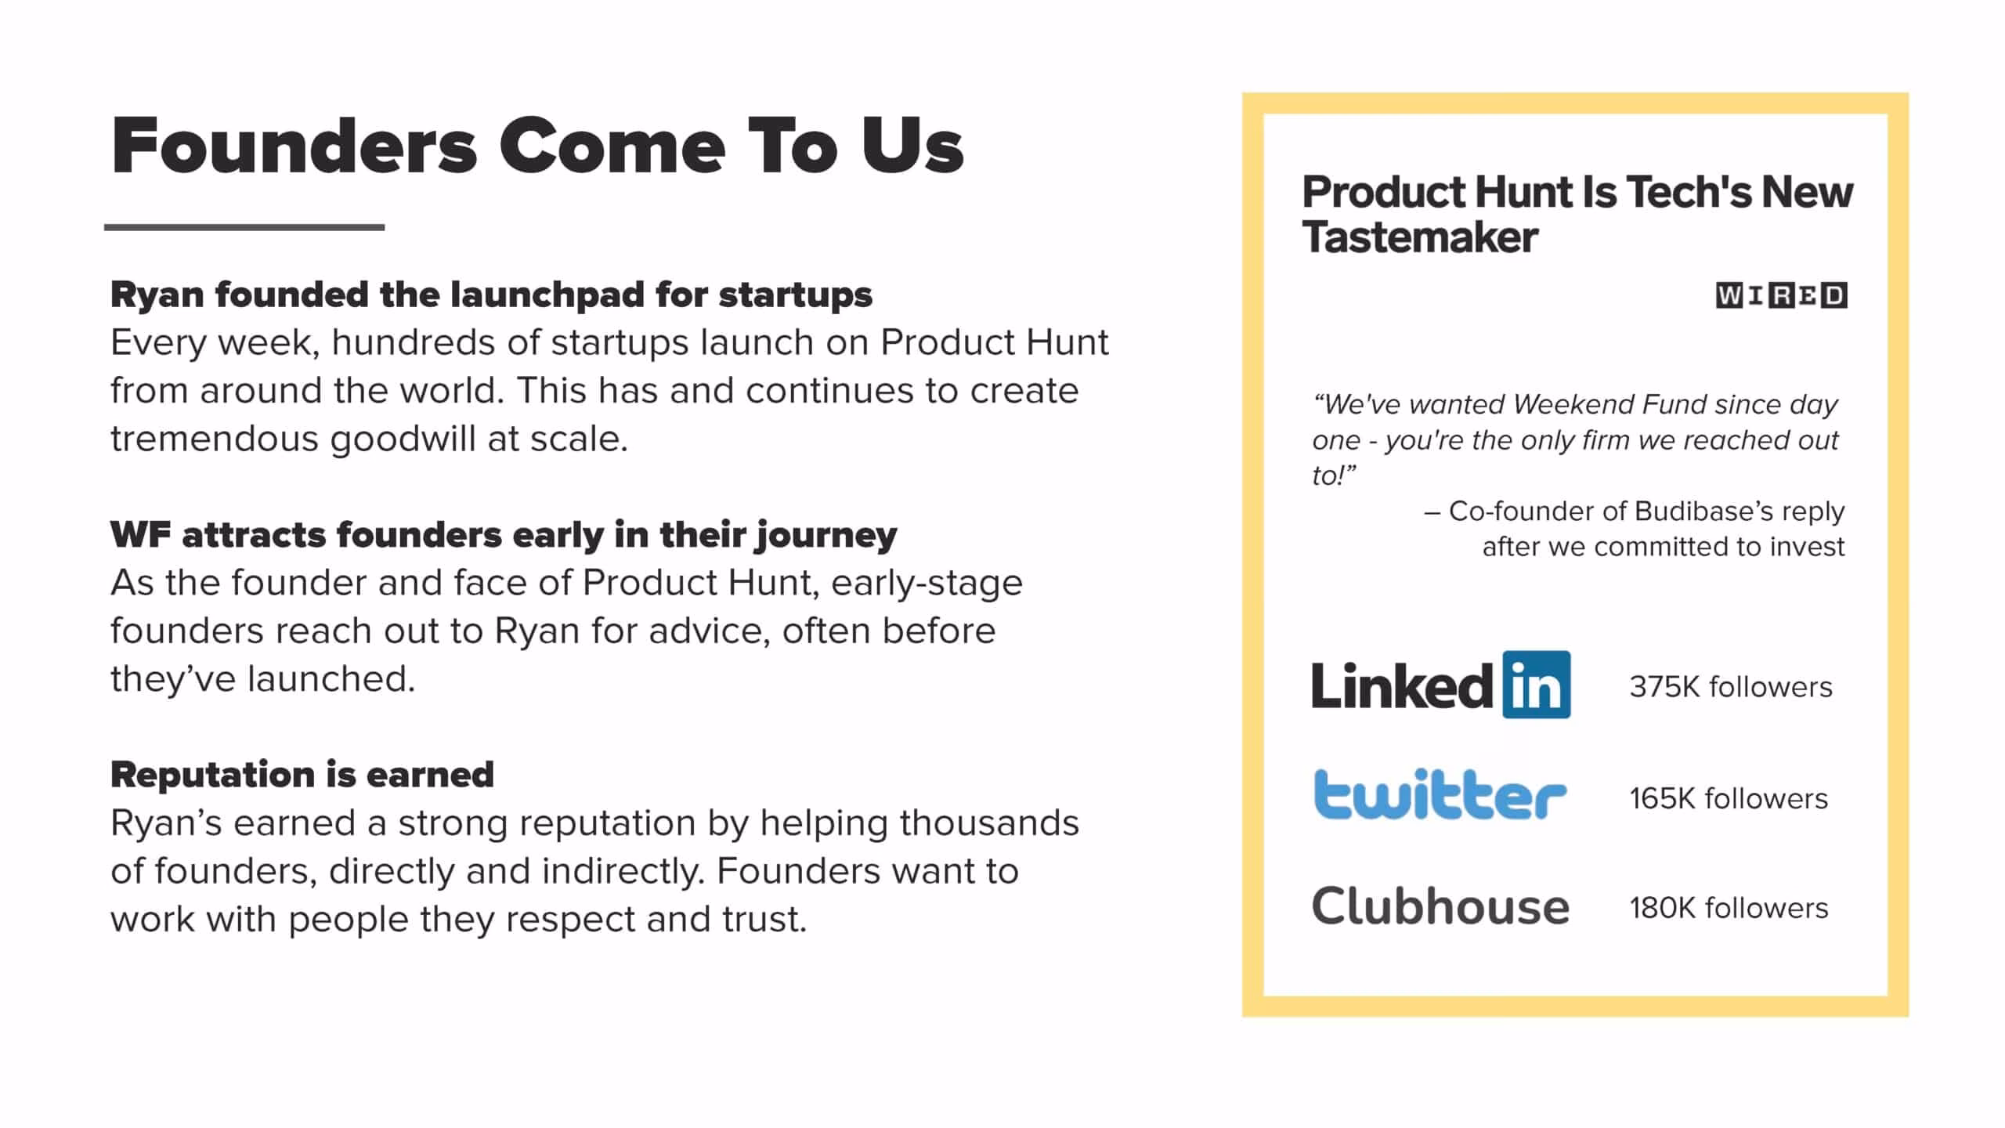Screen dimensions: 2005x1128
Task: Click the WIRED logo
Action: click(1781, 295)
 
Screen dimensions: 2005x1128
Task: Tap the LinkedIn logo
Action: click(1441, 685)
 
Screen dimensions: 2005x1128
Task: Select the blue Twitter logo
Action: click(1440, 795)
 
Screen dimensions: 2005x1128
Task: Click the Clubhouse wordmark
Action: click(1440, 907)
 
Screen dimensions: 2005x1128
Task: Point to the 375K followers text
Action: click(1731, 687)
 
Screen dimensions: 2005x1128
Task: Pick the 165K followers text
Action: click(1729, 799)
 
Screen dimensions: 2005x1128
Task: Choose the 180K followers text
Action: click(1729, 909)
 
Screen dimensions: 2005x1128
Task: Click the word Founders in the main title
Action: click(294, 146)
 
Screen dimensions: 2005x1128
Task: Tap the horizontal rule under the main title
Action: click(244, 227)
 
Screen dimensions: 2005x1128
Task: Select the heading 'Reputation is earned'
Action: click(302, 775)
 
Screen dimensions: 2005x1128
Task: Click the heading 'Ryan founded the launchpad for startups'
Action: click(491, 295)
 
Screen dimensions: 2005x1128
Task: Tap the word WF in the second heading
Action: click(140, 535)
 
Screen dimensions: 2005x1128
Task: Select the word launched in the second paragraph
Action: click(331, 679)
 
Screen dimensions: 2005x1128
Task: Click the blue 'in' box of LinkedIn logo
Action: click(1537, 685)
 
